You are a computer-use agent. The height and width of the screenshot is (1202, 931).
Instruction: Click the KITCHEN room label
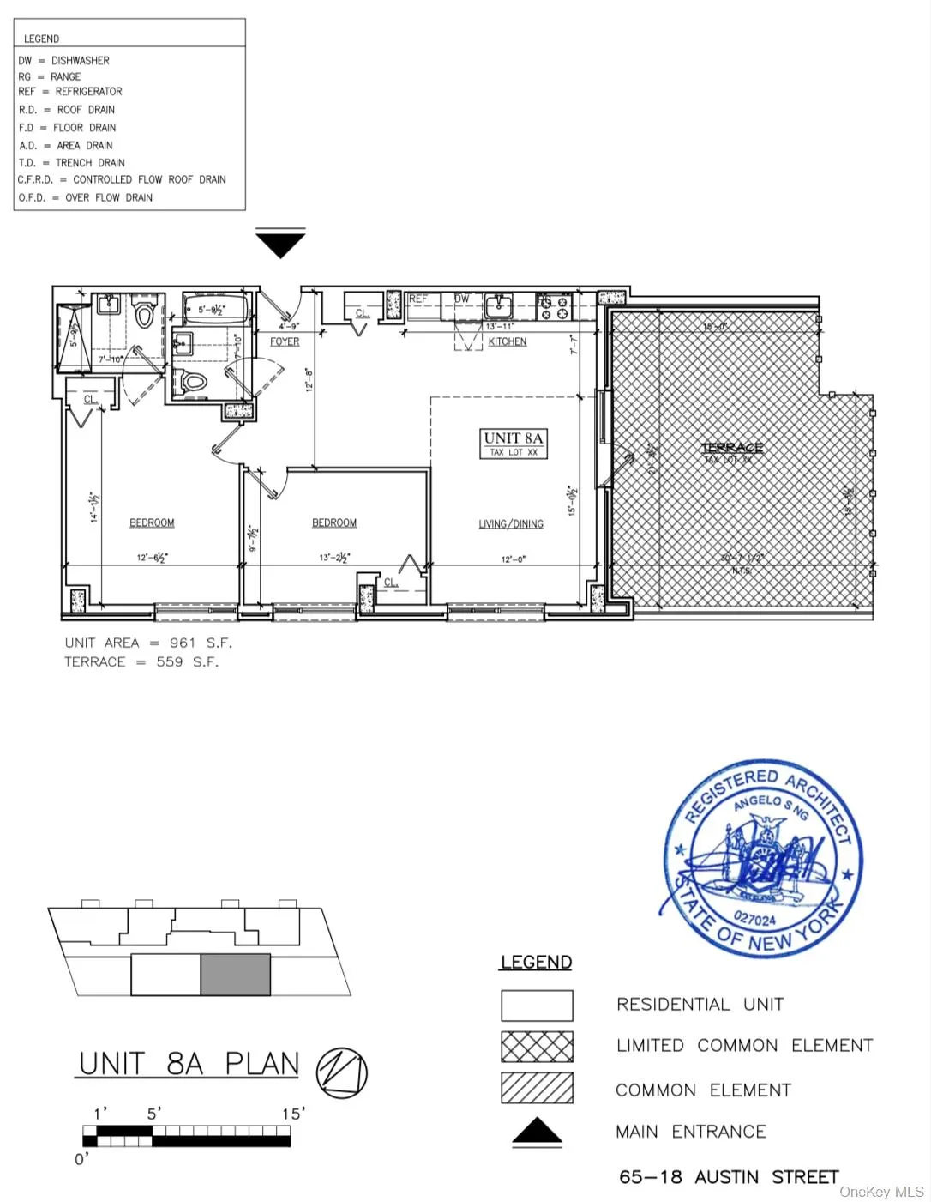[508, 341]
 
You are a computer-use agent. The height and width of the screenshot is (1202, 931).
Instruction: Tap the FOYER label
[285, 341]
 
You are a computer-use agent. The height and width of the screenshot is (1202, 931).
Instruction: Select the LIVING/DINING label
[511, 523]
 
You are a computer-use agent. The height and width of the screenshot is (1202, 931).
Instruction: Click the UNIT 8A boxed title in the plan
[514, 438]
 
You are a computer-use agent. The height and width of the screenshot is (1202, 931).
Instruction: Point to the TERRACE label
[732, 448]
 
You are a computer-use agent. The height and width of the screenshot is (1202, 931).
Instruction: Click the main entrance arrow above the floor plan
[280, 245]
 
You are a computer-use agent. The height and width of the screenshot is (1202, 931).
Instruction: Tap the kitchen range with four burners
[554, 306]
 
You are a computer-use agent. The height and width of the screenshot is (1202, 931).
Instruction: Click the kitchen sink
[498, 305]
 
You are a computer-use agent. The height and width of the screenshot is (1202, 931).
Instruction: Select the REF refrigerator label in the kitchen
[417, 299]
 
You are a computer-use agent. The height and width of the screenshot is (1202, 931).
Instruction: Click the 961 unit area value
[183, 643]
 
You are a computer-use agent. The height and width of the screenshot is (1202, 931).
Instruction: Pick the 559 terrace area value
[170, 661]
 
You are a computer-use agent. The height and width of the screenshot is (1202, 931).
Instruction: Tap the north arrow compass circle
[342, 1072]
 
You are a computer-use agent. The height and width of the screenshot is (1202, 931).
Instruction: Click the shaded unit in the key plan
[236, 975]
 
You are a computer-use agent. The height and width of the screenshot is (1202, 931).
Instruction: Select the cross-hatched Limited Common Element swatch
[537, 1047]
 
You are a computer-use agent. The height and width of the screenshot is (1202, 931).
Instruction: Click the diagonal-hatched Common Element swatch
[537, 1088]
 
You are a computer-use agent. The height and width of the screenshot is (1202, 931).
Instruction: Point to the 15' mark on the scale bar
[293, 1114]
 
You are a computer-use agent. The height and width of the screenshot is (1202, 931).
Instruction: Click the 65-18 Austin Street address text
[729, 1177]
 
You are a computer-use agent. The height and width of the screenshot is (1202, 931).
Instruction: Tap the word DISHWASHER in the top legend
[81, 61]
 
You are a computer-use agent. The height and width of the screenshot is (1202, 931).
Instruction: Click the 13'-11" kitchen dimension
[500, 327]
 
